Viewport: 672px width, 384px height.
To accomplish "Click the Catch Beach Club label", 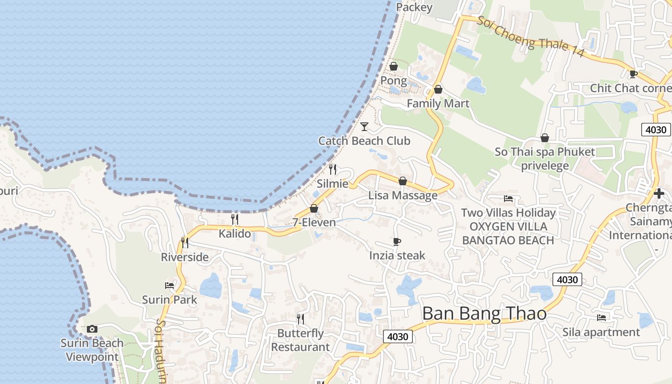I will click(364, 141).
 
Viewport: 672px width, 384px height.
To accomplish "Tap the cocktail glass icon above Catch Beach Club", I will click(364, 127).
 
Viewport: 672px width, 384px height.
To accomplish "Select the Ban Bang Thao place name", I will click(484, 313).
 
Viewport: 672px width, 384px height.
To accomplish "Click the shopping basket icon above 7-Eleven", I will click(314, 208).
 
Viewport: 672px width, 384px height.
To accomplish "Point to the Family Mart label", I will click(438, 103).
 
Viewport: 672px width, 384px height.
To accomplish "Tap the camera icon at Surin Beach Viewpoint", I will click(92, 329).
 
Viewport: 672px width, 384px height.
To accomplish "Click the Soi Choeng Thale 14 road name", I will click(530, 36).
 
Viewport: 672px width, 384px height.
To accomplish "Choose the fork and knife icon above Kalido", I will click(235, 219).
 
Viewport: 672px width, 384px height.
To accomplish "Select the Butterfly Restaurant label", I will click(300, 340).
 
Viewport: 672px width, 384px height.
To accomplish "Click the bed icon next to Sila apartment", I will click(601, 317).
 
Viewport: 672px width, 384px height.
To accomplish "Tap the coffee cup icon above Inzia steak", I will click(397, 241).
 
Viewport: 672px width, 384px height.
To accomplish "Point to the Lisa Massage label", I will click(403, 195).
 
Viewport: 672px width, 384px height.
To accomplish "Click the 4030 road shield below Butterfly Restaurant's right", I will click(398, 336).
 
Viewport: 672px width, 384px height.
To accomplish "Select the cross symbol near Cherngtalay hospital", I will click(659, 193).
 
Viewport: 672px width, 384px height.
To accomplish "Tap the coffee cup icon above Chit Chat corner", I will click(633, 74).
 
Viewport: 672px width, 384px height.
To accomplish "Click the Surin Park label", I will click(169, 300).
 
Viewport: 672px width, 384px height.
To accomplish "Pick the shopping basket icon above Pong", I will click(394, 66).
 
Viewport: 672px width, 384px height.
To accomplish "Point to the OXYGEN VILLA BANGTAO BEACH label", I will click(508, 233).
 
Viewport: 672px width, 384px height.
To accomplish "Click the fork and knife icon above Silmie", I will click(332, 169).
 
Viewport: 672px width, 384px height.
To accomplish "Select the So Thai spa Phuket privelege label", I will click(545, 159).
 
